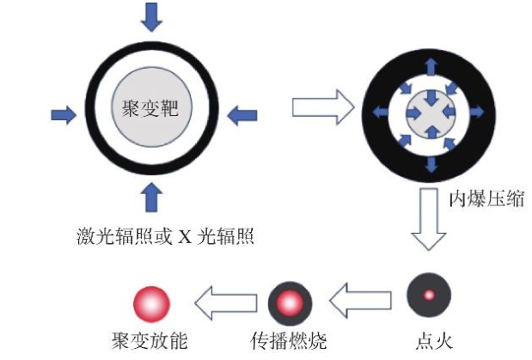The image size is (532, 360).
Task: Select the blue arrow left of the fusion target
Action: pos(63,114)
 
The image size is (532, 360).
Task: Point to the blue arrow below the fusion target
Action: pos(151,198)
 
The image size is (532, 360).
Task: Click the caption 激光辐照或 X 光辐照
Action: pos(152,237)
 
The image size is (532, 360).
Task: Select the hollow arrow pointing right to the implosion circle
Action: pos(321,110)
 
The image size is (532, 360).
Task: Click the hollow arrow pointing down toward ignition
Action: pos(428,219)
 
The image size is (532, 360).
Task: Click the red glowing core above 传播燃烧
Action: pos(290,302)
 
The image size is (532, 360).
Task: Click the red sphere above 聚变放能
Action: pos(152,302)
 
